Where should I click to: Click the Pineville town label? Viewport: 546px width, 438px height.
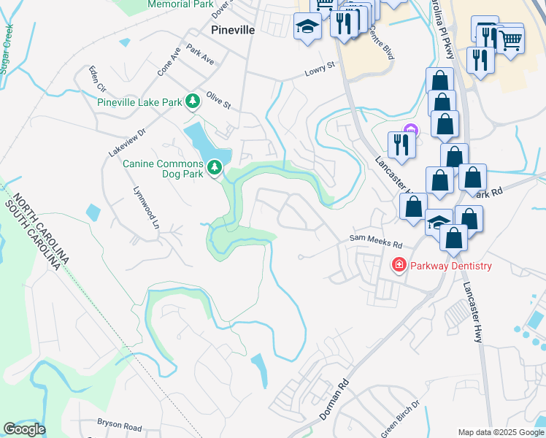click(232, 30)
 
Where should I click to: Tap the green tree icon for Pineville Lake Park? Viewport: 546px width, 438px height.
click(192, 101)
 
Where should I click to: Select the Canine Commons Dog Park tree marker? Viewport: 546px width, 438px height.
click(215, 168)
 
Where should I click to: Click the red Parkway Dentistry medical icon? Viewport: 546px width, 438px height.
click(399, 265)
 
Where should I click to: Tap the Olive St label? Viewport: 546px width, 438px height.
click(218, 101)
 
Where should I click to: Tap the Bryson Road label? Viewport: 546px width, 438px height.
click(120, 423)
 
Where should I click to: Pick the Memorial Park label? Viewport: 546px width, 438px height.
click(180, 4)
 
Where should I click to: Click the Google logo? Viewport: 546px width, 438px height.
click(24, 429)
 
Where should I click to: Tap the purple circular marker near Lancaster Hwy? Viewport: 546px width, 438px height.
click(410, 130)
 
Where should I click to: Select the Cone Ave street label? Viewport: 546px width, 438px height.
click(168, 63)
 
